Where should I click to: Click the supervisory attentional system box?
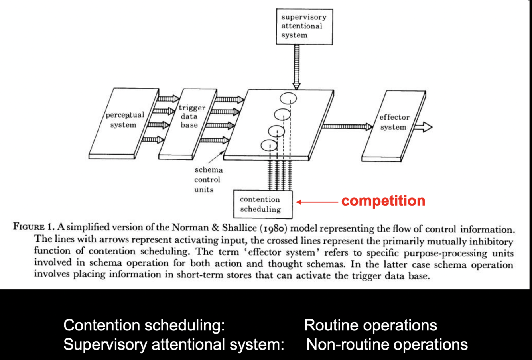304,26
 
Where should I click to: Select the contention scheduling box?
263,204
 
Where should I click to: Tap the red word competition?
383,201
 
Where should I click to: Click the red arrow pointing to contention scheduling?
317,202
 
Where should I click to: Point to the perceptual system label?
124,120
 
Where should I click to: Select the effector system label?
394,122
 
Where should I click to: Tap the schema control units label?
208,179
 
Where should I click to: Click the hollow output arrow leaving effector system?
423,127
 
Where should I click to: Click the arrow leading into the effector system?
347,127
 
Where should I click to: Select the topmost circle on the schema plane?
288,98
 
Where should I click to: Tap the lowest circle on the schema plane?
269,145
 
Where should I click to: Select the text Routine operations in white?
370,325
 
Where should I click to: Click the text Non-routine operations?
387,344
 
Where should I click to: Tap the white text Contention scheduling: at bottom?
144,325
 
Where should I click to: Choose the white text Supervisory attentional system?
173,344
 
